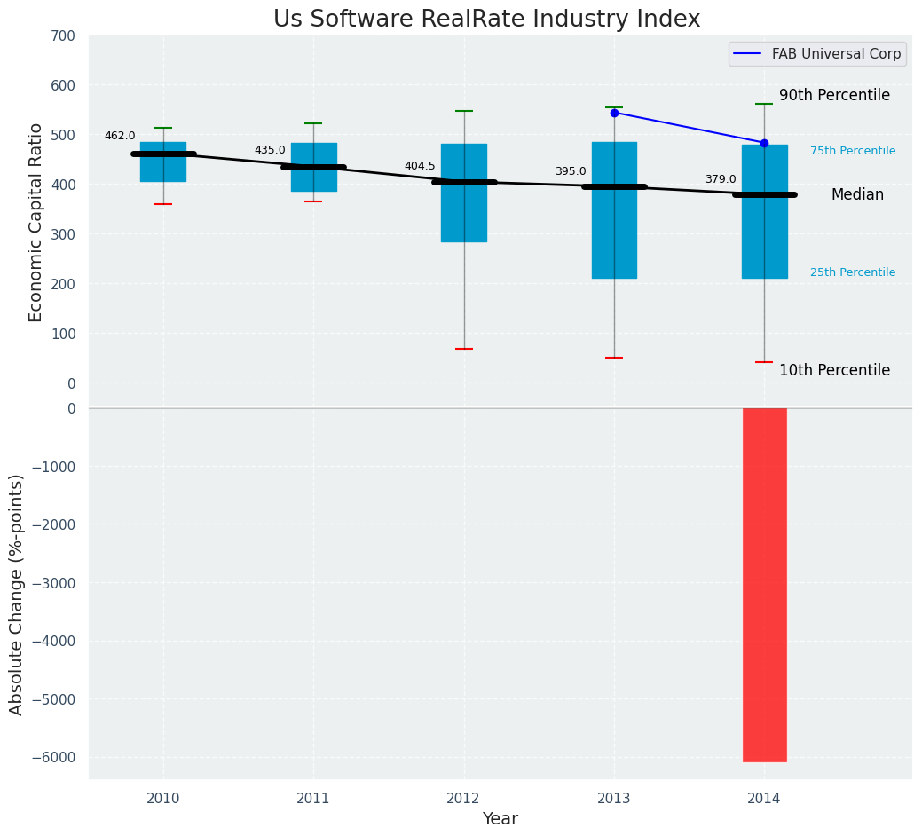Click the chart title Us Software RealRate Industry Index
click(486, 20)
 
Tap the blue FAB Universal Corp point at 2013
click(614, 113)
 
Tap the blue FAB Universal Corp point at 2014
click(764, 143)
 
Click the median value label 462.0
click(120, 136)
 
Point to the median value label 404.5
click(420, 166)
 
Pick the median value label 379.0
click(721, 179)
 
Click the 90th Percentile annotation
click(834, 95)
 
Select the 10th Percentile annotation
click(834, 370)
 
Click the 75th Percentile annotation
click(853, 151)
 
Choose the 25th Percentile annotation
click(853, 272)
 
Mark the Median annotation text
click(857, 194)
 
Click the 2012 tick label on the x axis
click(463, 799)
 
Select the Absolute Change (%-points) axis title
click(17, 594)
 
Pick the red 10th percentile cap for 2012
click(464, 349)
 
